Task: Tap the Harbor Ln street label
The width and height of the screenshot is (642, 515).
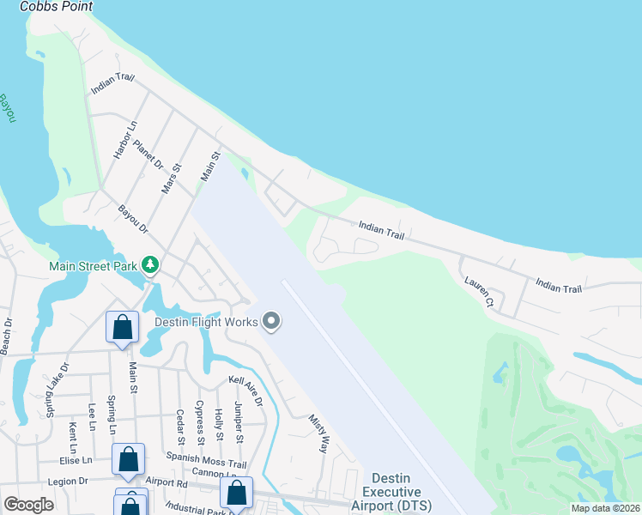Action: [x=125, y=140]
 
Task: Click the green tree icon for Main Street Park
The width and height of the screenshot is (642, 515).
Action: [x=151, y=265]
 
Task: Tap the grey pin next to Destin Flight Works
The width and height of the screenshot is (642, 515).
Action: [x=272, y=323]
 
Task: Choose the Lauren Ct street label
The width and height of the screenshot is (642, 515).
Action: [x=479, y=292]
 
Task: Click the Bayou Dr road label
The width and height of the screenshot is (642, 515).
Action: [x=133, y=218]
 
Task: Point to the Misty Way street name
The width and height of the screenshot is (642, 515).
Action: [x=319, y=434]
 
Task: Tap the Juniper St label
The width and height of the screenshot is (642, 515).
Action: [x=239, y=427]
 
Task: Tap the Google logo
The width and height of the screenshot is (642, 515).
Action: [x=28, y=505]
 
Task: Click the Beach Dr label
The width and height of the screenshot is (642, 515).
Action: [x=6, y=336]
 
